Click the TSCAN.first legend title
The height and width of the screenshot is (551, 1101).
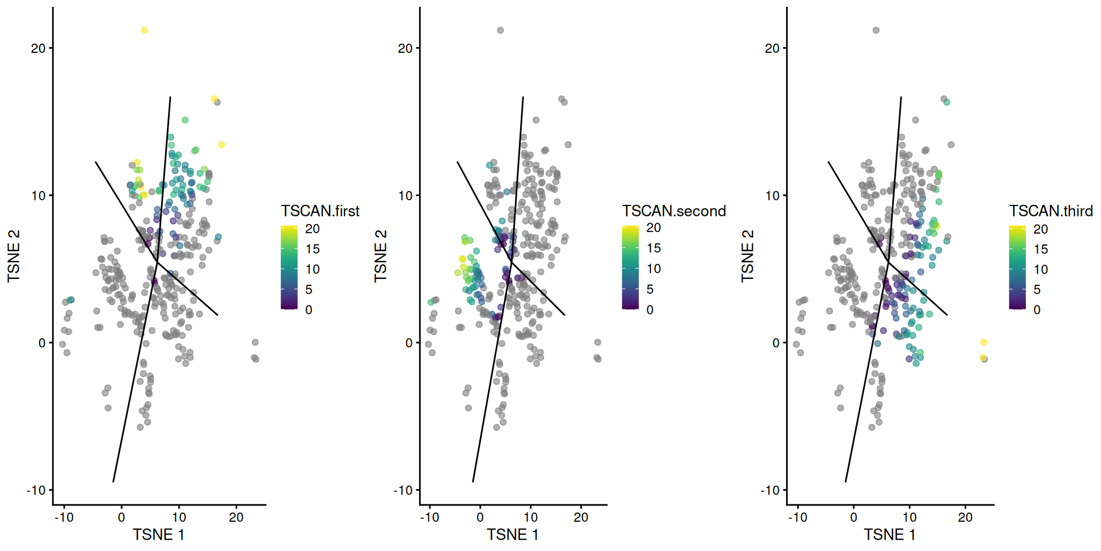pos(320,211)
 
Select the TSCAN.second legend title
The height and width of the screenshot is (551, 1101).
pos(674,211)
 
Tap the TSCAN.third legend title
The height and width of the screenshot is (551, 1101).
pos(1051,211)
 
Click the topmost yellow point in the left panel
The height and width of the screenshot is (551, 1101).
pos(145,30)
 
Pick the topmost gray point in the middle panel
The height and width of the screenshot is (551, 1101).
pos(500,30)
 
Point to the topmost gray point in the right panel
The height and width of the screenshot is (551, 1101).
pos(876,30)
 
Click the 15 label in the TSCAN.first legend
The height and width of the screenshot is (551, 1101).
pos(313,249)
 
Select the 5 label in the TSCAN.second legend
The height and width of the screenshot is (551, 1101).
pos(650,289)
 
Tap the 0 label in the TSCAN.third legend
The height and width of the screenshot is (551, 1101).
pos(1037,310)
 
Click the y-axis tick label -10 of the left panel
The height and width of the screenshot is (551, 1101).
pos(36,490)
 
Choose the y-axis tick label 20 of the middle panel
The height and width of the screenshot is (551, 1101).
pos(405,48)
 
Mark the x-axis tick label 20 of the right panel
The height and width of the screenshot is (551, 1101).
pos(965,518)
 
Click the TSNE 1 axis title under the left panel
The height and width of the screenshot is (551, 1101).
pos(159,535)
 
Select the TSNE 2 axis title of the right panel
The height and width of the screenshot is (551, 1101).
pos(747,256)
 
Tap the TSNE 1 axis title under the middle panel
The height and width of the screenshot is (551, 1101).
pos(513,535)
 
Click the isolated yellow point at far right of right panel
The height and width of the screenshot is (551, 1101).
pos(983,343)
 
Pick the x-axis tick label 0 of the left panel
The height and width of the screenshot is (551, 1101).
pos(121,518)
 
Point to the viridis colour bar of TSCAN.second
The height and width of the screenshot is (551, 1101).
pos(630,268)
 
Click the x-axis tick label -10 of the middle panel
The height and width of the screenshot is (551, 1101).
pos(430,518)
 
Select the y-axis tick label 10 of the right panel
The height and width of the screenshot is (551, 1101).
pos(772,196)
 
